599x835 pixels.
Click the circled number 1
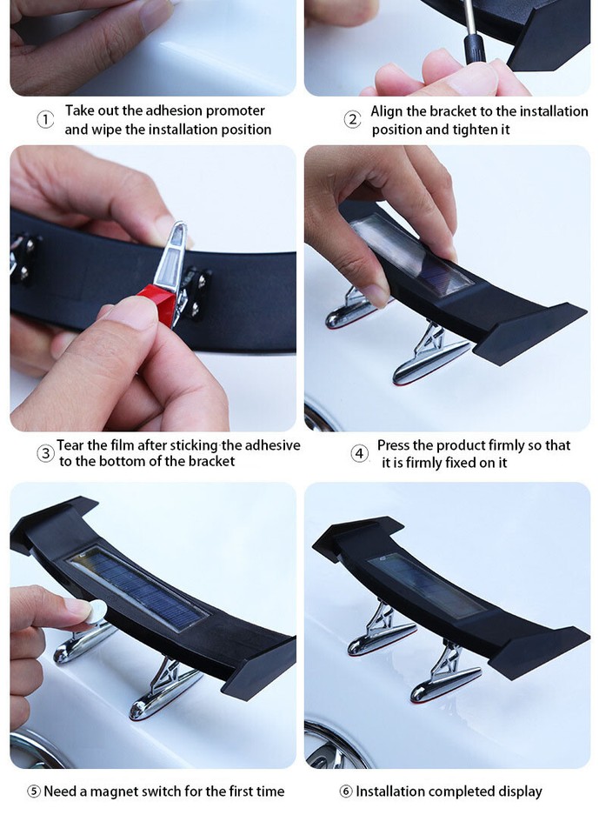45,120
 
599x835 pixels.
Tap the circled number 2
352,120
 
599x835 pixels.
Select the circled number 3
45,453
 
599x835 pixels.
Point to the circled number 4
359,453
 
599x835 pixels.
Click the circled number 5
34,792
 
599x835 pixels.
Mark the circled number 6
346,792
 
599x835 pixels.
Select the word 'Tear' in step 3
71,445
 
